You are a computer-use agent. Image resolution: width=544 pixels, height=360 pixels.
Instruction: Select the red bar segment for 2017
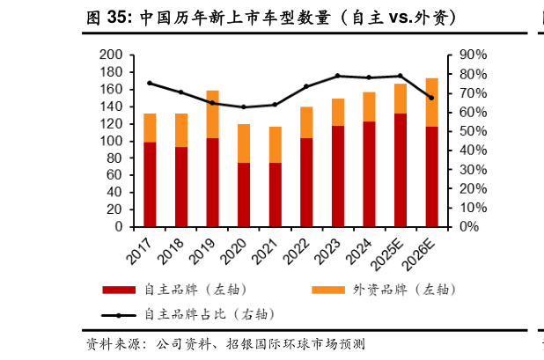tap(150, 184)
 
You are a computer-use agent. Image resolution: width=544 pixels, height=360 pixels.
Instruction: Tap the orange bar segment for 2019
tap(212, 114)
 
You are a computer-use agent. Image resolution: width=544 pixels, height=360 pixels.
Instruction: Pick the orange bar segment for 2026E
tap(431, 102)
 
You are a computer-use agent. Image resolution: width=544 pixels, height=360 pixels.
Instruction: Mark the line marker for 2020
tap(244, 107)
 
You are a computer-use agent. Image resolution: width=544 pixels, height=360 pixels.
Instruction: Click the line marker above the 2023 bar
tap(338, 76)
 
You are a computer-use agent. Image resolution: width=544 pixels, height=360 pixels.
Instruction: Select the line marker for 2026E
tap(431, 98)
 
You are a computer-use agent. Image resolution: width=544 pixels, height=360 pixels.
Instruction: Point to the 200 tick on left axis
tap(111, 55)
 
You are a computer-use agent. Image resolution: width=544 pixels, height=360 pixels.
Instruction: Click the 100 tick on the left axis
tap(111, 141)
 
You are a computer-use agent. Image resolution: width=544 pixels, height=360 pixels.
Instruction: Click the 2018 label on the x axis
tap(172, 248)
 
